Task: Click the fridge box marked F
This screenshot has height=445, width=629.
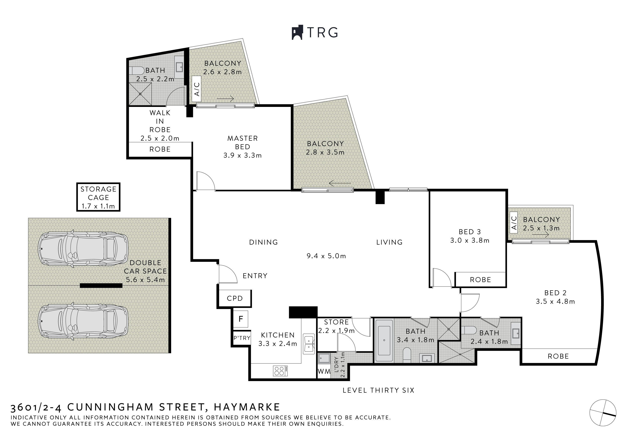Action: [x=241, y=319]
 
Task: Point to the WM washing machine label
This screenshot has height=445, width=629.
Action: [x=324, y=372]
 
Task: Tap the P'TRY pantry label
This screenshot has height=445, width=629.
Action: [x=242, y=338]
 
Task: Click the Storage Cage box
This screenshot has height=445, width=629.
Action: [x=98, y=197]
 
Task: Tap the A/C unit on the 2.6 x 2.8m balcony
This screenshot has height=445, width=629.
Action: [x=197, y=89]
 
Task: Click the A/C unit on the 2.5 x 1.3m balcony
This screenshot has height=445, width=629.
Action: [x=514, y=223]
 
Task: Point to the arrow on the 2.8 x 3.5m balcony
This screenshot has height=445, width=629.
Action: [x=340, y=183]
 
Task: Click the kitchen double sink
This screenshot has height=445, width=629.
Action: [x=309, y=344]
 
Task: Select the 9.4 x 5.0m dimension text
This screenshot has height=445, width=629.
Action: [x=326, y=256]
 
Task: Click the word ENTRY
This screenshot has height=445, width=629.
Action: [x=255, y=276]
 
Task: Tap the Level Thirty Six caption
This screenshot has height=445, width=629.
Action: [x=378, y=390]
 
